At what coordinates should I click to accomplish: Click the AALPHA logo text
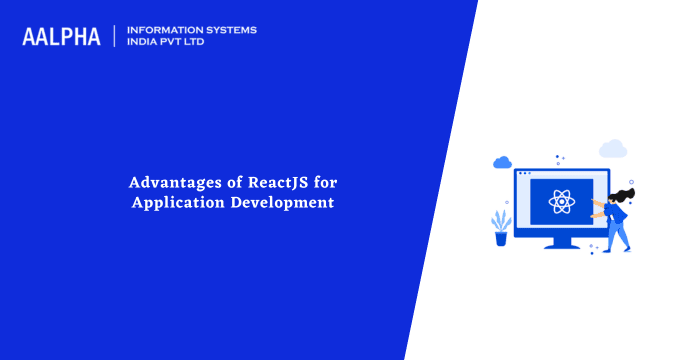pyautogui.click(x=61, y=37)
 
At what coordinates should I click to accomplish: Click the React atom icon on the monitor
pyautogui.click(x=560, y=203)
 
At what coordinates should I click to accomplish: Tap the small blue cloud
pyautogui.click(x=502, y=161)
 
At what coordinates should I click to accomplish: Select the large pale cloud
pyautogui.click(x=612, y=149)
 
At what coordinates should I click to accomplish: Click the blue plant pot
pyautogui.click(x=501, y=238)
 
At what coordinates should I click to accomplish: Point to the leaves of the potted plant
pyautogui.click(x=500, y=220)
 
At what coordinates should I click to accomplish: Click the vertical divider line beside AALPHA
pyautogui.click(x=115, y=37)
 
